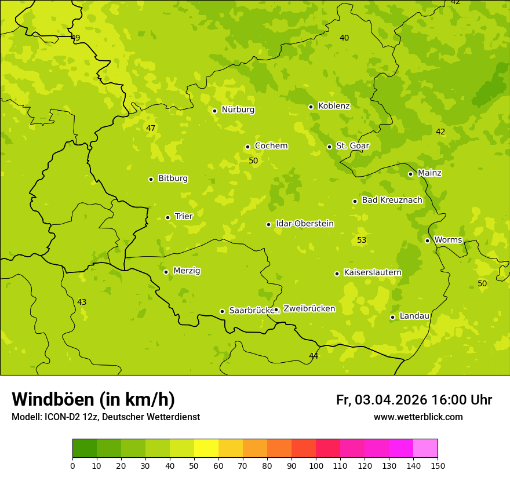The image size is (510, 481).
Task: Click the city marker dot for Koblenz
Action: pyautogui.click(x=311, y=107)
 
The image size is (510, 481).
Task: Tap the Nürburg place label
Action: pyautogui.click(x=238, y=110)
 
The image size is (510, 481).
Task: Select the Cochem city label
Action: pyautogui.click(x=271, y=146)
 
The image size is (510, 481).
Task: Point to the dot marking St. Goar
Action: pyautogui.click(x=330, y=147)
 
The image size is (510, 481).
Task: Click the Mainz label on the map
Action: pyautogui.click(x=429, y=173)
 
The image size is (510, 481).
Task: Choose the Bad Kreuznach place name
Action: pyautogui.click(x=392, y=200)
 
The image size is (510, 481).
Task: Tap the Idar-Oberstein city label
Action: pyautogui.click(x=304, y=224)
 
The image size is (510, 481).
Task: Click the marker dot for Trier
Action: pyautogui.click(x=168, y=217)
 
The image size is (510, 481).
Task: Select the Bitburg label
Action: pyautogui.click(x=173, y=178)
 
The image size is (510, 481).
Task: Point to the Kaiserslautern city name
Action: pyautogui.click(x=372, y=272)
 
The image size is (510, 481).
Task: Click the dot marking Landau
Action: pyautogui.click(x=393, y=317)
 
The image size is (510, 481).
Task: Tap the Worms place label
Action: pyautogui.click(x=448, y=240)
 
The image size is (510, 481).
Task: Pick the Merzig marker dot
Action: pyautogui.click(x=166, y=272)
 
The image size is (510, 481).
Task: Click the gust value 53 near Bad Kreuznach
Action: pyautogui.click(x=362, y=240)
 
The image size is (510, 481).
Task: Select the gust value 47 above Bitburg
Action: pyautogui.click(x=151, y=128)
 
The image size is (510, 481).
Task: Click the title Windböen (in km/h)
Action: pyautogui.click(x=93, y=399)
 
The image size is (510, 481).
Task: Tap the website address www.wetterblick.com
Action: pyautogui.click(x=418, y=417)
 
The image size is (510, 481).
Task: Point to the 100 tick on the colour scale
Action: pyautogui.click(x=316, y=465)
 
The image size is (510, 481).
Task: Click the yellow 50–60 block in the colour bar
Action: pyautogui.click(x=206, y=448)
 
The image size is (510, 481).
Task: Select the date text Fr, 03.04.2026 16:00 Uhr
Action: pyautogui.click(x=414, y=400)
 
